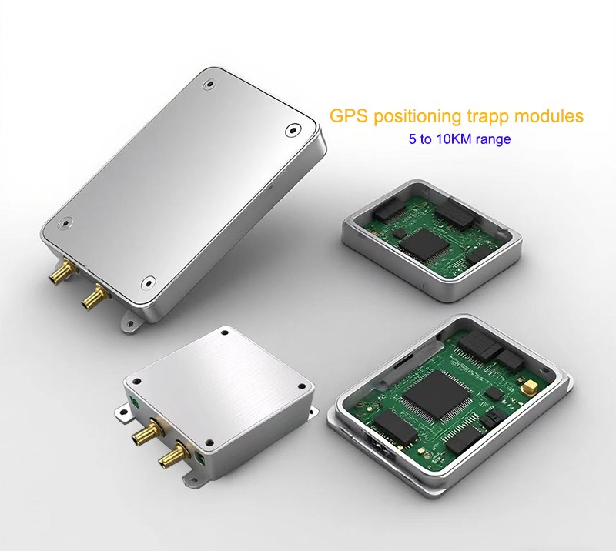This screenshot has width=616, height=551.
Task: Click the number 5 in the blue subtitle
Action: point(412,139)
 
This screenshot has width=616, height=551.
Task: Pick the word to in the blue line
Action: point(425,139)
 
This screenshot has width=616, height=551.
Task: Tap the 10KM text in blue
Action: point(453,139)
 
